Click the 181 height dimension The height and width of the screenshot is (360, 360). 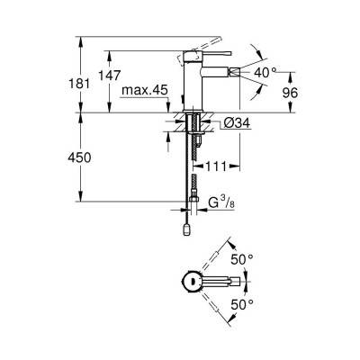tap(79, 83)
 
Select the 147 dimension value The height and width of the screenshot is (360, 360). tap(110, 75)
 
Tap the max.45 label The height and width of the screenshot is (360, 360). tap(145, 90)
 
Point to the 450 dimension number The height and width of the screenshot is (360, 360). tap(79, 157)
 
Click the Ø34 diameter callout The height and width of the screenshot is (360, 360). tap(237, 123)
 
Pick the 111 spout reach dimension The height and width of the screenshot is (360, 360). tap(217, 166)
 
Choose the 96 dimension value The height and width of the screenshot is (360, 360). tap(290, 93)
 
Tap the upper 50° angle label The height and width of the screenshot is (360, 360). tap(242, 259)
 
